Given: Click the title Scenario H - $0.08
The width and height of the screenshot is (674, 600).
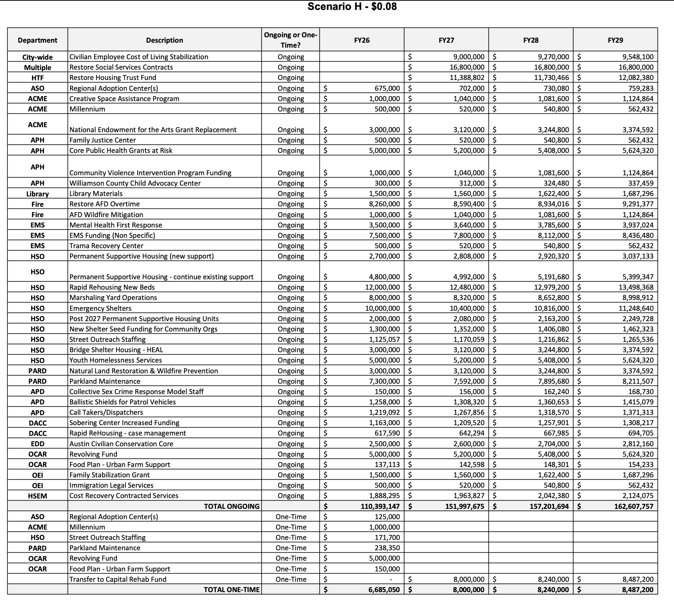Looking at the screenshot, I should (352, 7).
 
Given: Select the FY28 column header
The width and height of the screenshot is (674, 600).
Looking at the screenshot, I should (531, 40).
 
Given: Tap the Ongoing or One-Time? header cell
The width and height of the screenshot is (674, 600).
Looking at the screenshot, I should (291, 40).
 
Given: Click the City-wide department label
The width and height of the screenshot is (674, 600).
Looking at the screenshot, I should (37, 57).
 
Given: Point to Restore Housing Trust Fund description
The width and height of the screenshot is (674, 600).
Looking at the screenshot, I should (113, 77).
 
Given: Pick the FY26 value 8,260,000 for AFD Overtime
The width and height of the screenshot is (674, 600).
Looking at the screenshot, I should (384, 204).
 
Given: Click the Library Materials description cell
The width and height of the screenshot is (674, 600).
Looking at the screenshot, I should (96, 194).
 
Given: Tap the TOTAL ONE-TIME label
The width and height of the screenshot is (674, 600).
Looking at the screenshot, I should (231, 590).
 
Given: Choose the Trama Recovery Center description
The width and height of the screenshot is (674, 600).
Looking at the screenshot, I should (106, 246).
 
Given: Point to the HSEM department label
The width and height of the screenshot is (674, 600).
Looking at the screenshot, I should (37, 496).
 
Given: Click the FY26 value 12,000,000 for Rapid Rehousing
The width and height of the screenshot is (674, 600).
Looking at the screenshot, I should (382, 287).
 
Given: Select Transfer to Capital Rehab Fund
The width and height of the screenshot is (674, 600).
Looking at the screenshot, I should (118, 579).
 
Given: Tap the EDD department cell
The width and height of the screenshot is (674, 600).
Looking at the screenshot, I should (37, 444).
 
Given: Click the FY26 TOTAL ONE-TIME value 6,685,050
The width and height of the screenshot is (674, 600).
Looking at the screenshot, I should (384, 590).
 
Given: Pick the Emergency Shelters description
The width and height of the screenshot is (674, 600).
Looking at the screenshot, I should (100, 308).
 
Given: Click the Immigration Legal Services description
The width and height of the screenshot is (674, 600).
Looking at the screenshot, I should (111, 485).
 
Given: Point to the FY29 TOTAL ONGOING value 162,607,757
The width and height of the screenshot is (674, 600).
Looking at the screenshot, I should (633, 506).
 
